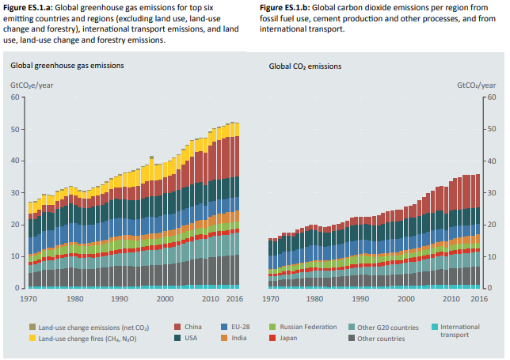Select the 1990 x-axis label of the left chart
click(x=120, y=298)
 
